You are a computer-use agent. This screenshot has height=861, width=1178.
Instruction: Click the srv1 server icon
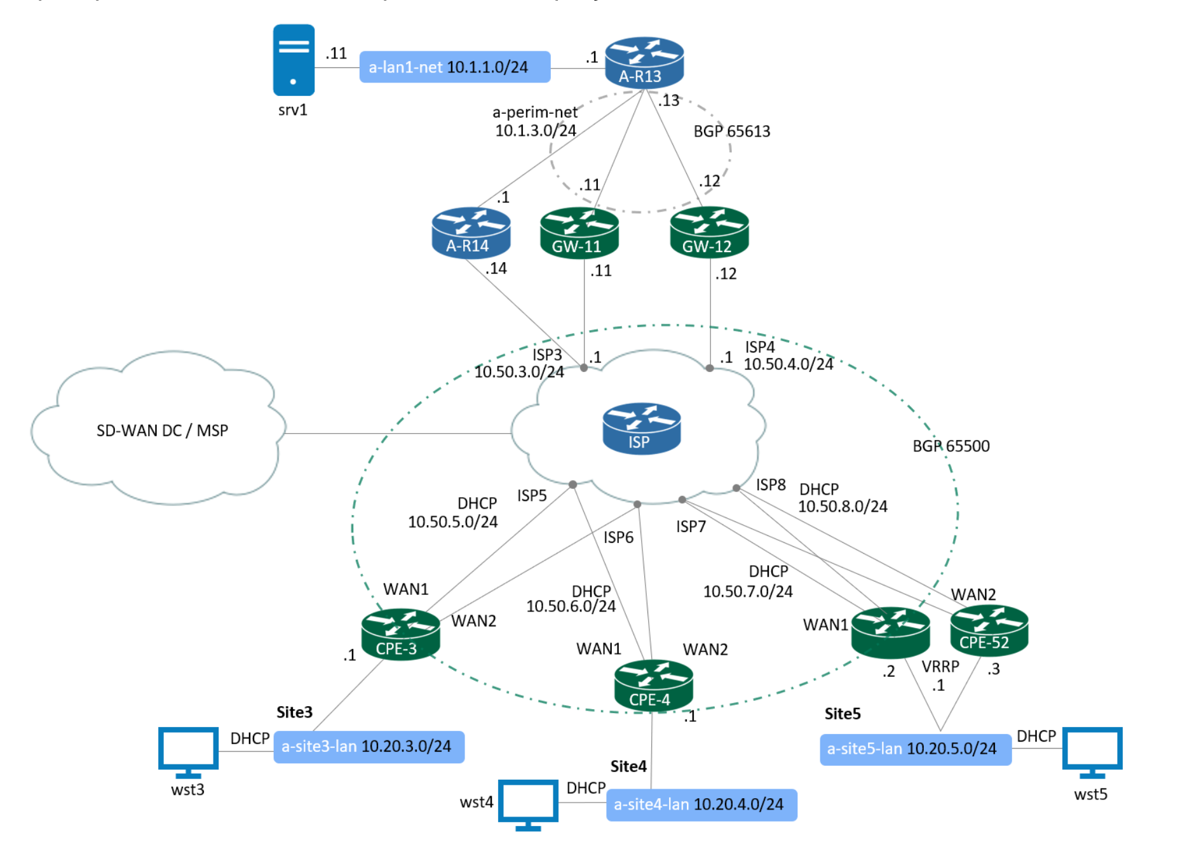294,60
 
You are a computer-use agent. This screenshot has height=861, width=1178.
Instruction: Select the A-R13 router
644,62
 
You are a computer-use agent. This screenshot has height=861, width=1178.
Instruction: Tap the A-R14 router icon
471,232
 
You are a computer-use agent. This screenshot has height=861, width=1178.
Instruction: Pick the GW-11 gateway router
579,233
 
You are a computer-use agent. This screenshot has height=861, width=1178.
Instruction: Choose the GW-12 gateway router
709,232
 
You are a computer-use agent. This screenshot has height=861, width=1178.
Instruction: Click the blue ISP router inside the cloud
641,429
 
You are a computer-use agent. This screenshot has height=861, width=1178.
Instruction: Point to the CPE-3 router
400,634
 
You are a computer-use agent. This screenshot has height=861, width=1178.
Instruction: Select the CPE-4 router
653,685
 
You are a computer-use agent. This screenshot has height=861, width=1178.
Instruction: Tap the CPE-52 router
989,631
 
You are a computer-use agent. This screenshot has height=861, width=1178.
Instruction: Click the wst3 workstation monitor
188,751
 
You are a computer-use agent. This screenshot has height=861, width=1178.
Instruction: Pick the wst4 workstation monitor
528,804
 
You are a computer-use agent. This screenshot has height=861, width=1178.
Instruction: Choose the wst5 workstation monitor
1092,751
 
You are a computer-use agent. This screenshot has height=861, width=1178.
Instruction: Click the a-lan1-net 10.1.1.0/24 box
454,67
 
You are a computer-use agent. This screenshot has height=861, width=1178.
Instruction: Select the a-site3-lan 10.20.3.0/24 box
369,747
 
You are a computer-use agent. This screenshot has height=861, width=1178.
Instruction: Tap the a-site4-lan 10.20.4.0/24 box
701,804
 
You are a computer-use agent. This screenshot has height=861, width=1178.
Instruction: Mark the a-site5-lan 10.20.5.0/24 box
915,749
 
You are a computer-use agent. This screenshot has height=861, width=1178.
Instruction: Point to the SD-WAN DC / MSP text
162,431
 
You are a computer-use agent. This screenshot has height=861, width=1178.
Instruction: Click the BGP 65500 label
951,446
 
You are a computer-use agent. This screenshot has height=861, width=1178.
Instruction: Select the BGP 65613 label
731,131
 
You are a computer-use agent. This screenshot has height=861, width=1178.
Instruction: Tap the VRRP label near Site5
940,667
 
